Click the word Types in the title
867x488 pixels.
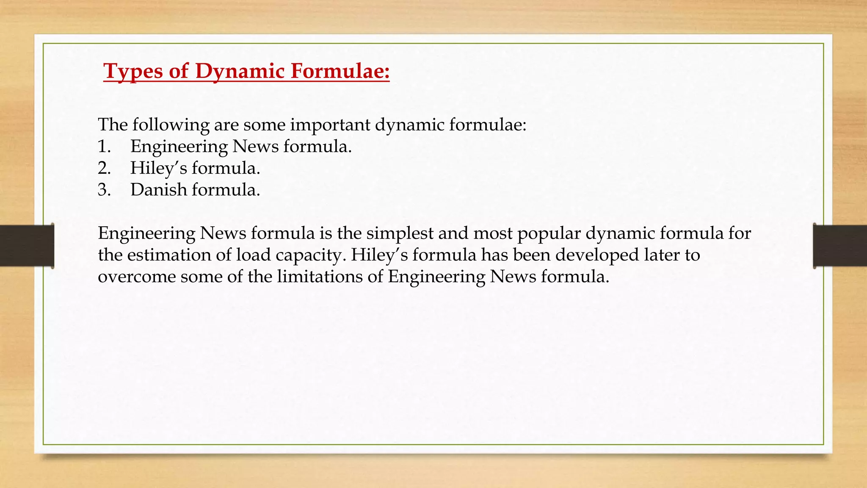133,71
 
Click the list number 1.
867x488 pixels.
104,147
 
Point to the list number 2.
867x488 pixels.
104,168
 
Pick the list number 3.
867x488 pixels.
104,190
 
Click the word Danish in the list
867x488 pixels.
158,190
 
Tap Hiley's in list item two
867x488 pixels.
158,168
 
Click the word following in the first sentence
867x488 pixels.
171,125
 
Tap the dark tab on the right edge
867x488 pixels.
840,246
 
